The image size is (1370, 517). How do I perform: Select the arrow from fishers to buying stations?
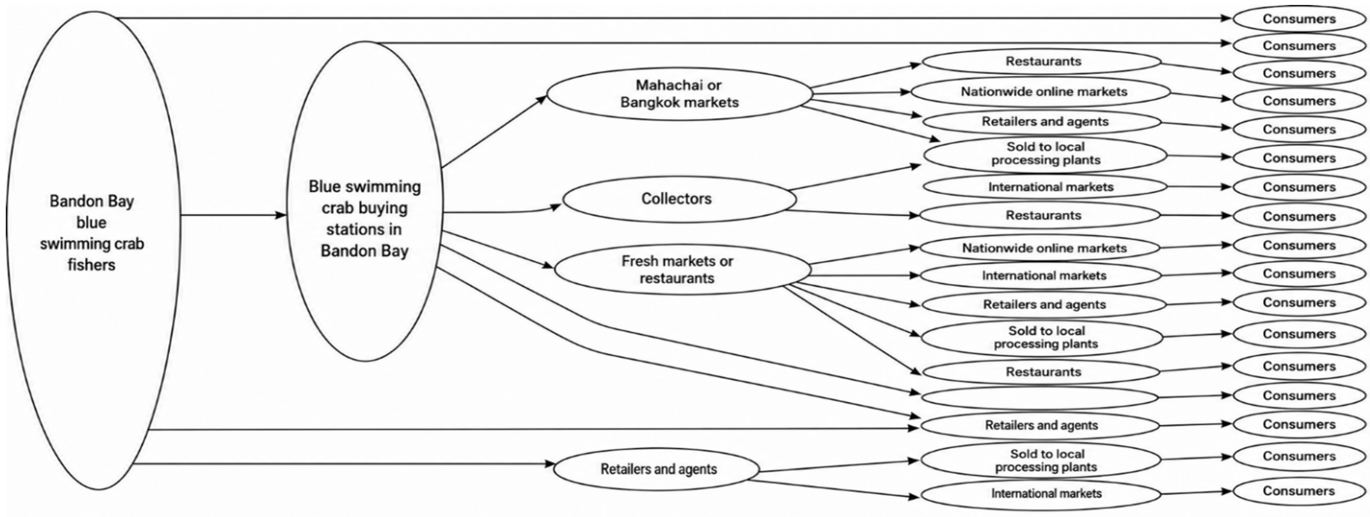point(234,215)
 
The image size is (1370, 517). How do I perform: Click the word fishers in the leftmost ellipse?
point(92,265)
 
